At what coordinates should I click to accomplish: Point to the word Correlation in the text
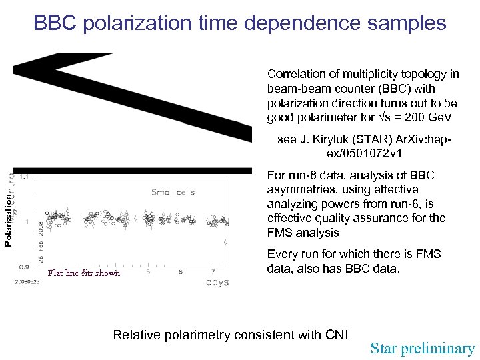(x=297, y=74)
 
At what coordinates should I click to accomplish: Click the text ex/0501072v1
(x=365, y=154)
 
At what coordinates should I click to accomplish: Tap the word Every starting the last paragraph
(x=283, y=254)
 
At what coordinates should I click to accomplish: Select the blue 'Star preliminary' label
(x=423, y=348)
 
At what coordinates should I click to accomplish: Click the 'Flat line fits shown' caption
(x=84, y=273)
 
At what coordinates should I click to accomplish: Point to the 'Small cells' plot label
(x=173, y=193)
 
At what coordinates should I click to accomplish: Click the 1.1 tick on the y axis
(x=24, y=177)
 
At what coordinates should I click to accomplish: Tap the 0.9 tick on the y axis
(x=23, y=267)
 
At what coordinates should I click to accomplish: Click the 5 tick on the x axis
(x=148, y=271)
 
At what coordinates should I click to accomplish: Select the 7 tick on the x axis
(x=213, y=271)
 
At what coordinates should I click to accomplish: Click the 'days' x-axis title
(x=216, y=282)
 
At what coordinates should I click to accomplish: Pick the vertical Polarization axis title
(x=8, y=219)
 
